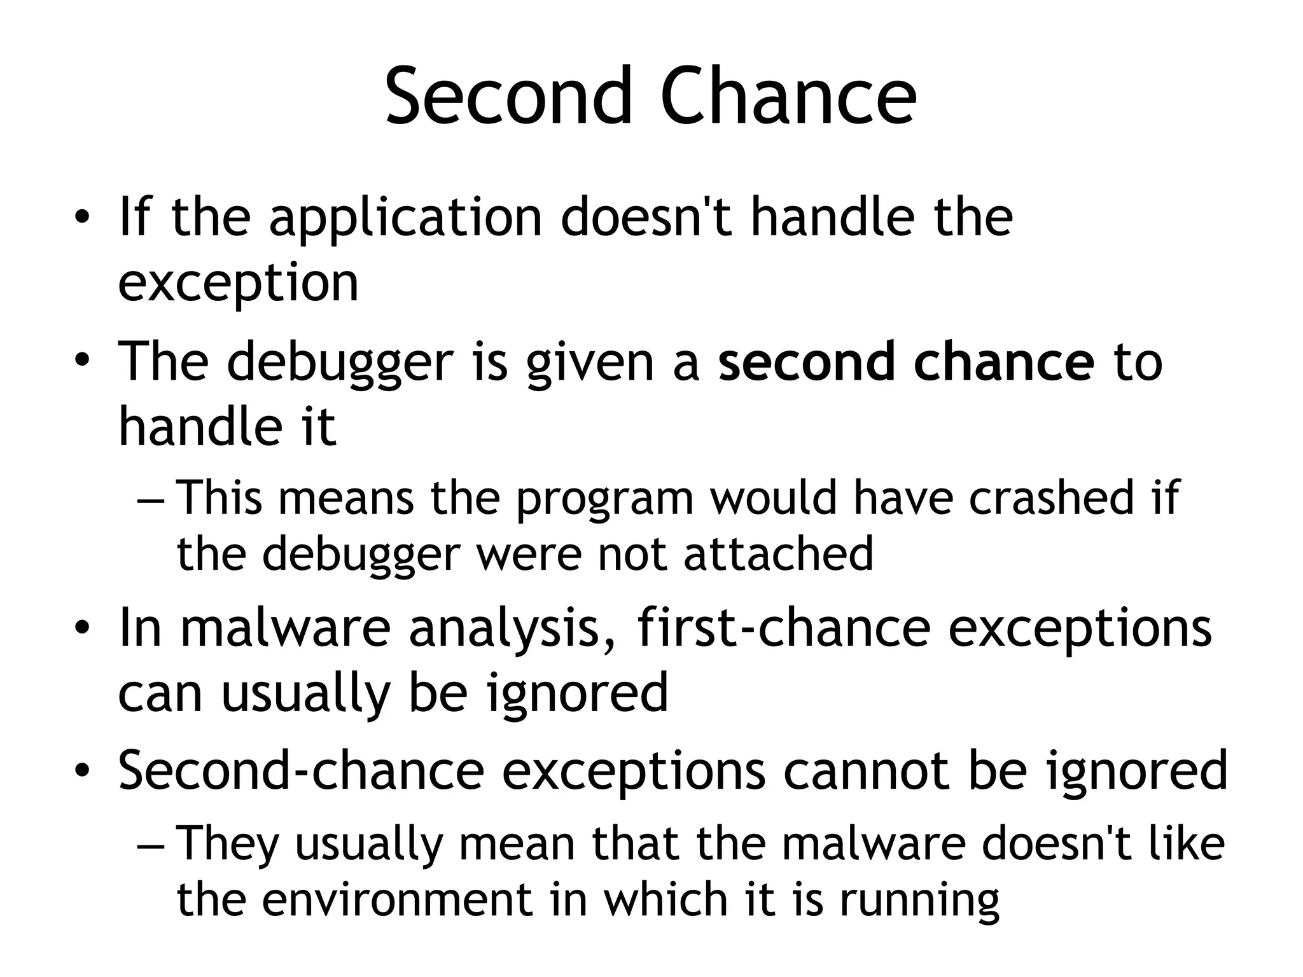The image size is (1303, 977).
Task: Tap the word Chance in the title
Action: [789, 97]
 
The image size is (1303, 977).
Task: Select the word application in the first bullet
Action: [405, 218]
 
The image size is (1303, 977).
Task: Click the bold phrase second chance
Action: [907, 361]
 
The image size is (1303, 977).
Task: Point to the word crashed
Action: [1052, 497]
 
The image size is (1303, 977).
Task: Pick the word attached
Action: [778, 553]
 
